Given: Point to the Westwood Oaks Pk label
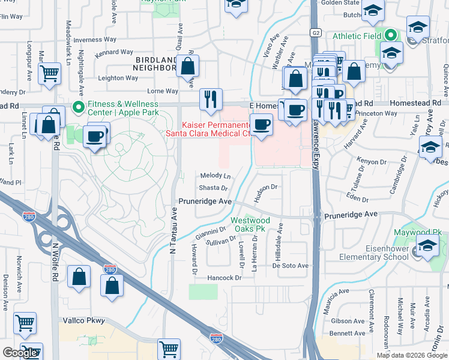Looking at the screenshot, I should tap(251, 224).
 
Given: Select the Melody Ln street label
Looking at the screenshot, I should tap(215, 176).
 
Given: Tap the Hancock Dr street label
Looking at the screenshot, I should tap(224, 278).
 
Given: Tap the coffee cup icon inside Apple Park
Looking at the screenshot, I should tap(96, 136).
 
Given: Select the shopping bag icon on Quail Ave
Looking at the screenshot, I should tap(188, 66).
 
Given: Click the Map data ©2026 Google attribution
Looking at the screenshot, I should tap(411, 355).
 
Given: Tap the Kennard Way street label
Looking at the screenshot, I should tap(113, 52).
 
